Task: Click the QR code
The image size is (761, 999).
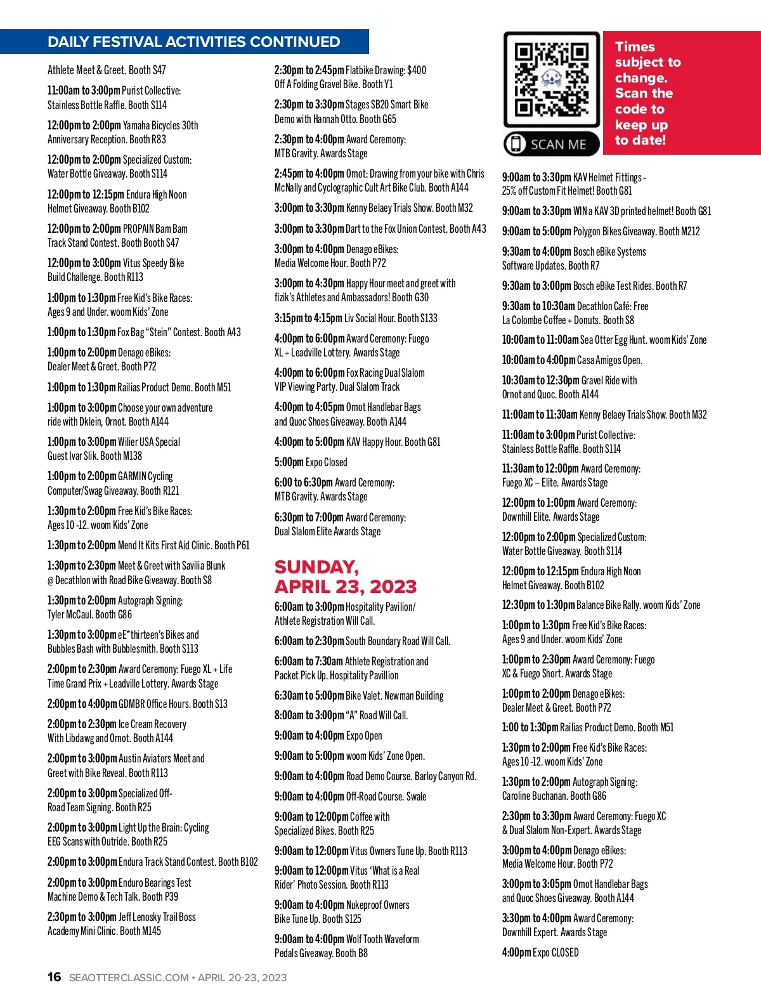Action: pos(551,79)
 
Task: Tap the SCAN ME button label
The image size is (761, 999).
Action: pos(558,145)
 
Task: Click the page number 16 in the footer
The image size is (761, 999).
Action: pos(55,977)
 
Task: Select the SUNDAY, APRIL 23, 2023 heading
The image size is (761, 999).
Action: pos(346,577)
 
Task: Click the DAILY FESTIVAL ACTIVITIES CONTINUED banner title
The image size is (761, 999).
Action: pos(193,42)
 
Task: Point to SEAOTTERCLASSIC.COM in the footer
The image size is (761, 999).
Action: pos(129,977)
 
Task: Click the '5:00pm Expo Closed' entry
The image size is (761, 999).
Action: pos(311,462)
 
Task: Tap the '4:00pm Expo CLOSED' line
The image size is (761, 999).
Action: pos(540,952)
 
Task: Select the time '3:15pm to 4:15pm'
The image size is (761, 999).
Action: pos(308,318)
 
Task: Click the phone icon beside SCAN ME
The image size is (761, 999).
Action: pos(516,145)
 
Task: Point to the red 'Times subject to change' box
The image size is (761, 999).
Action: pos(682,93)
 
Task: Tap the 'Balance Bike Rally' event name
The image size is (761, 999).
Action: pos(608,605)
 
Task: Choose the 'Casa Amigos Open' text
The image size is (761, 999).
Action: pos(609,360)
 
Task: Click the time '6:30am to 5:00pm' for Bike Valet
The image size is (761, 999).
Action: pos(309,696)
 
